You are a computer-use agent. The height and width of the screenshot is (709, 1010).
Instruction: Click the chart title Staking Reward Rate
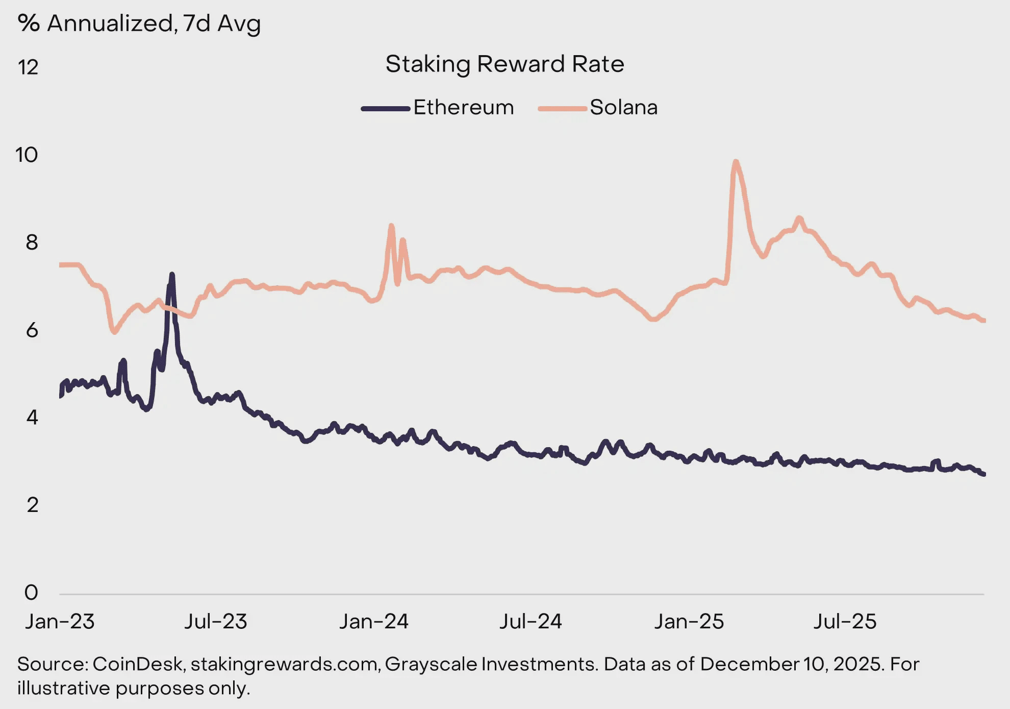click(504, 64)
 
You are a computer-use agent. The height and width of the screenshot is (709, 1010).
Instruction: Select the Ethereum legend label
click(463, 108)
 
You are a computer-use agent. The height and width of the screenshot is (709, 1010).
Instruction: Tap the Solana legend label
click(623, 108)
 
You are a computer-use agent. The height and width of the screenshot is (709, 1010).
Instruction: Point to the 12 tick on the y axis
click(28, 67)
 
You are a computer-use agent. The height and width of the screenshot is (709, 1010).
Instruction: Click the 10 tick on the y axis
click(27, 155)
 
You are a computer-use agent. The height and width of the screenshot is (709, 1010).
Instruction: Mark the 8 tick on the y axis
click(32, 242)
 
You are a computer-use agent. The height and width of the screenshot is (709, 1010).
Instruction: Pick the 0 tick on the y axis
click(31, 593)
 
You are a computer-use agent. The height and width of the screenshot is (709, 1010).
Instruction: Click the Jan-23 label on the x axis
click(60, 622)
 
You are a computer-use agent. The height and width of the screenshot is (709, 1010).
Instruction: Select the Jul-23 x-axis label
click(215, 622)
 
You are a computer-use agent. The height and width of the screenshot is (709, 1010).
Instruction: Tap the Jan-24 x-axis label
click(374, 622)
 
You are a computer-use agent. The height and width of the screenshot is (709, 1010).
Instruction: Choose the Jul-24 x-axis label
click(531, 622)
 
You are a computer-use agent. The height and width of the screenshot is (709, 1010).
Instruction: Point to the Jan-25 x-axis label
click(689, 622)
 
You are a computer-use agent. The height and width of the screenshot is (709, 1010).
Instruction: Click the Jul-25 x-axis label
click(845, 622)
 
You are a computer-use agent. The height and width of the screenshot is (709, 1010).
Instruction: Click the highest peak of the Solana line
click(735, 162)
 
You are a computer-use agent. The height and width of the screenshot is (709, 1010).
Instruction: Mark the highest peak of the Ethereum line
click(172, 275)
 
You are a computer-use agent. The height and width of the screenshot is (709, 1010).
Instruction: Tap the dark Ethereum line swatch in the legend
click(386, 109)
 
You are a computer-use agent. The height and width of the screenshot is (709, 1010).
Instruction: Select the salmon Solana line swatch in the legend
click(563, 109)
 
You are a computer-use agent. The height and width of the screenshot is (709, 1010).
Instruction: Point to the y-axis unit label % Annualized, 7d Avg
click(139, 23)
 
